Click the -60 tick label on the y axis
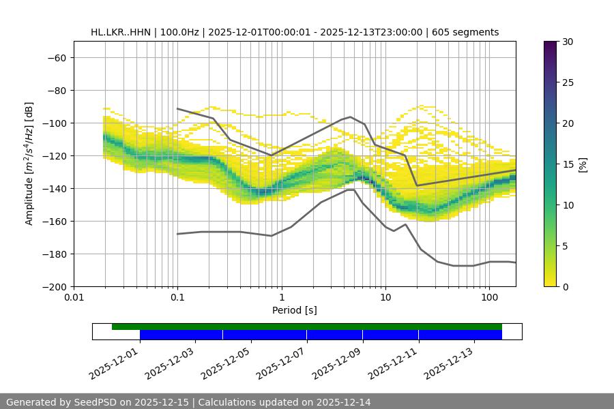(x=56, y=58)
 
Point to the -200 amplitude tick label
(x=53, y=287)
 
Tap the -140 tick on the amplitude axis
(x=53, y=189)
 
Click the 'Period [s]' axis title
(x=295, y=310)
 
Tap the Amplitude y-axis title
(x=29, y=164)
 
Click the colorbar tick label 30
(x=568, y=42)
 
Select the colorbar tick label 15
(x=568, y=164)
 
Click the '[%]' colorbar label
(x=583, y=164)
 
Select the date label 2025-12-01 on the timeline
(x=114, y=361)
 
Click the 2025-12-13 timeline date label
(x=449, y=361)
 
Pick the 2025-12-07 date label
(x=281, y=361)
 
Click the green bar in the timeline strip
(x=307, y=327)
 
